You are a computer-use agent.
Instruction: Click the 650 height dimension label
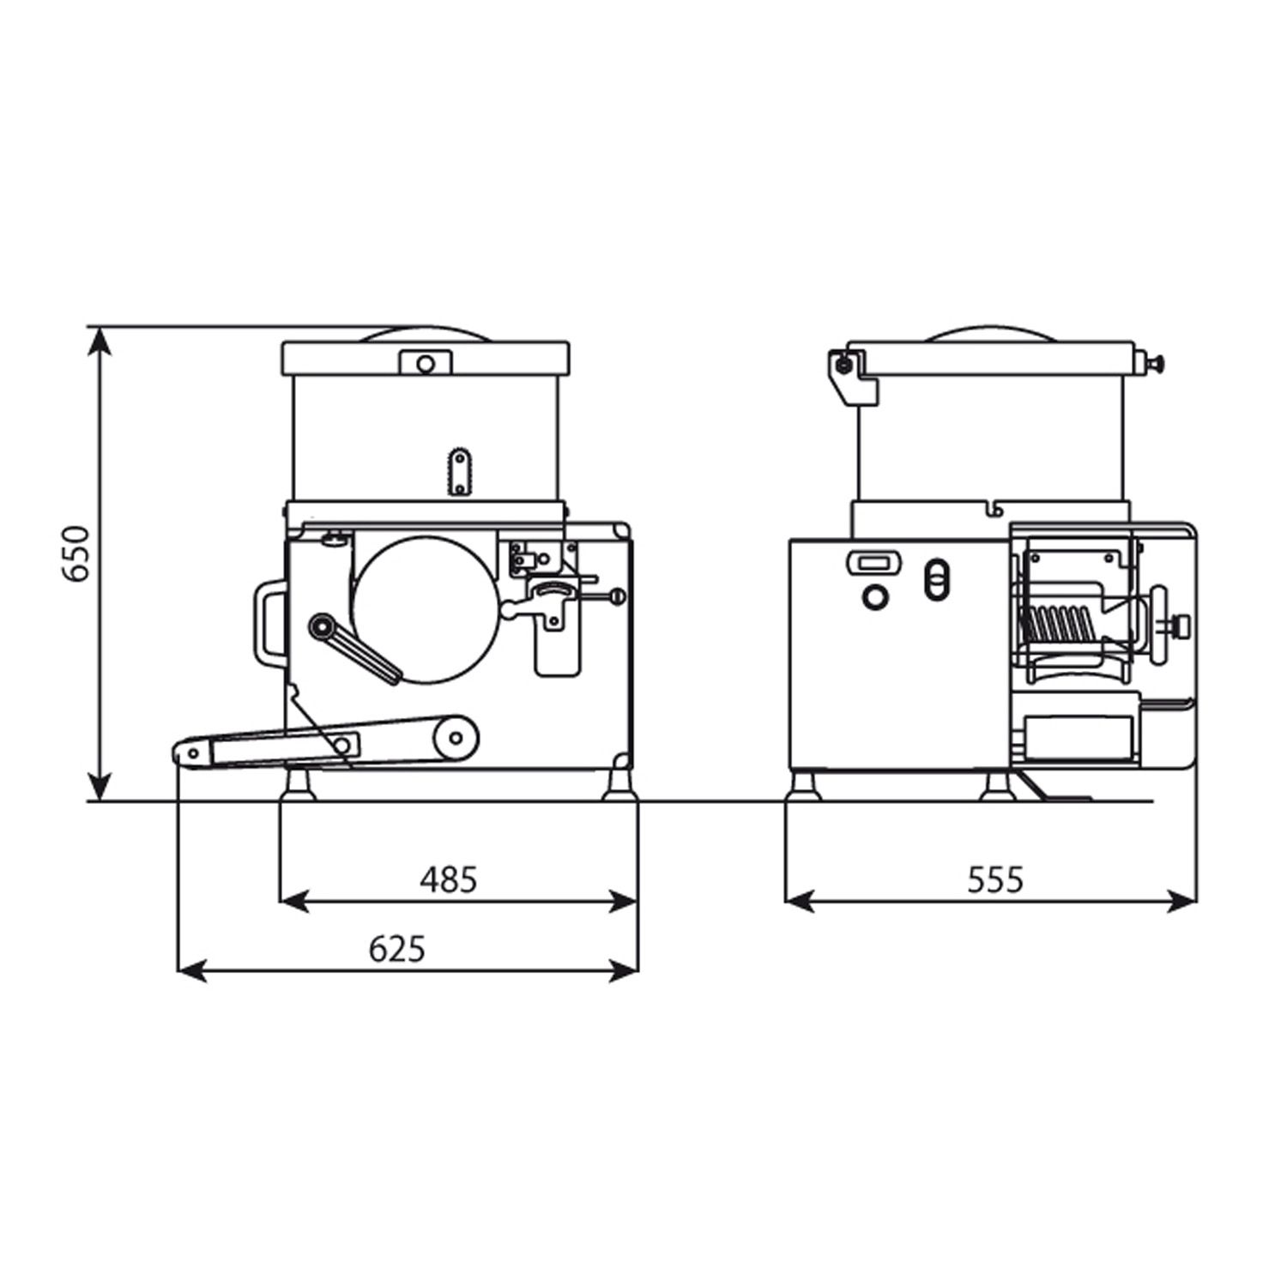(x=78, y=553)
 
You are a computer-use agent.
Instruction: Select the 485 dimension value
(x=448, y=879)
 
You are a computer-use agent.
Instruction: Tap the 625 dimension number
(x=397, y=948)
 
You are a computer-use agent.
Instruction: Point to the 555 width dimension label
(x=996, y=879)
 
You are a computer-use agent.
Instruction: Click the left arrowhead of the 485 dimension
(x=294, y=900)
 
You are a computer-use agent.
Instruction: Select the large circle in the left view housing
(x=425, y=610)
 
